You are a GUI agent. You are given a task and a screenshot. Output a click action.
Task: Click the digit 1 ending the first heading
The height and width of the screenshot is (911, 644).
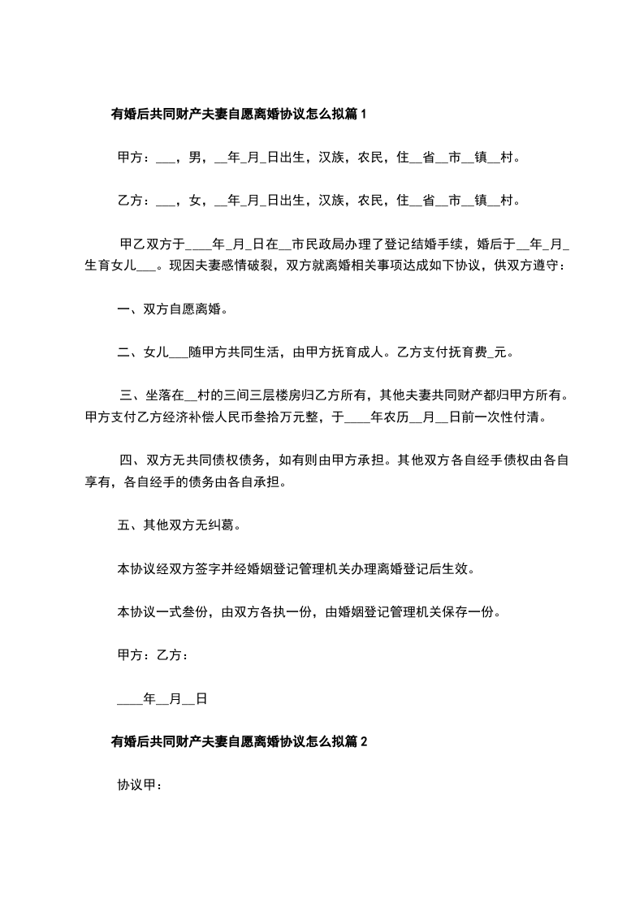coord(365,114)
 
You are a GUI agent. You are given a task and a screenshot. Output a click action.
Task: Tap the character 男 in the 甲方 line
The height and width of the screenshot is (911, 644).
coord(195,158)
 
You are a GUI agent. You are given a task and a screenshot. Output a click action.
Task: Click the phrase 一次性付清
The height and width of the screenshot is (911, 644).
coord(503,418)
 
